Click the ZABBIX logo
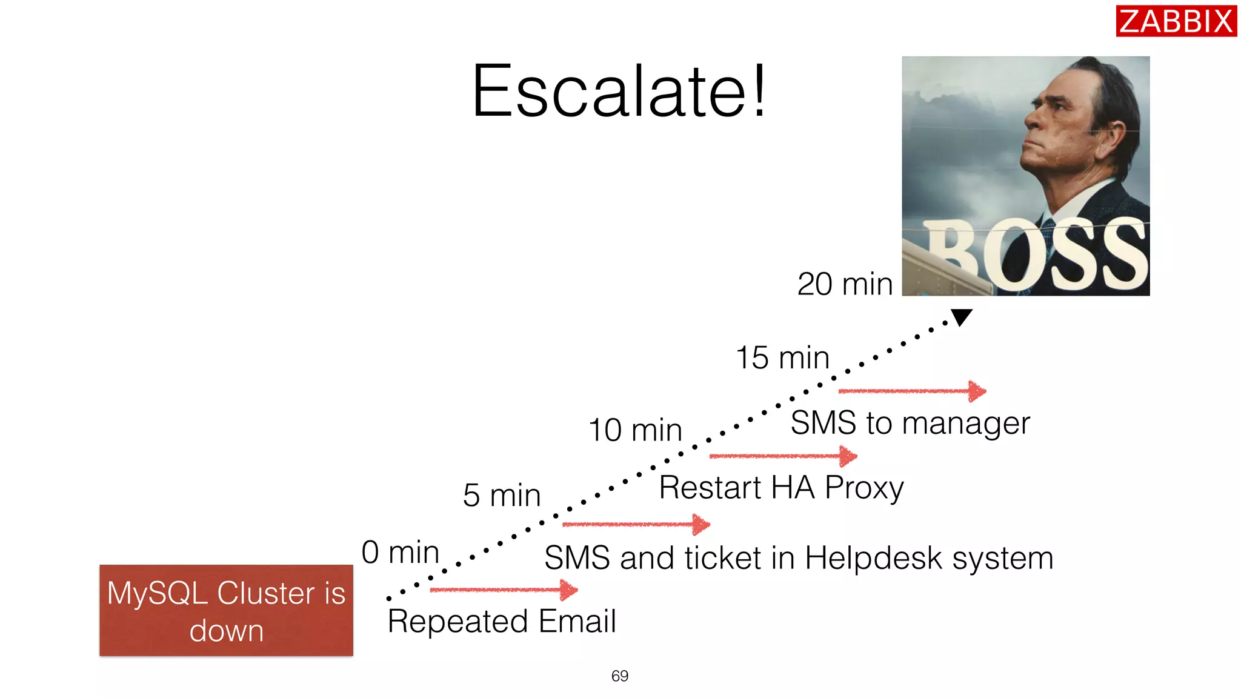[1176, 21]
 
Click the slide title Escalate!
[619, 91]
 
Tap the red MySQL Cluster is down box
[226, 610]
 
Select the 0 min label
[400, 552]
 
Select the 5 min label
[501, 495]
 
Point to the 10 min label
[635, 430]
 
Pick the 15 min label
[782, 357]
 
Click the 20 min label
[845, 284]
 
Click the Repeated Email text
[502, 621]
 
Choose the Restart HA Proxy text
[781, 488]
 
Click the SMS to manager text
[910, 423]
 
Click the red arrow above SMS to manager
[912, 391]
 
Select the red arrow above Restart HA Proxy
[783, 456]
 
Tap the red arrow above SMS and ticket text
[636, 524]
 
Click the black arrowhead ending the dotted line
[961, 316]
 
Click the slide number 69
[619, 676]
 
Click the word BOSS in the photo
[1036, 254]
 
